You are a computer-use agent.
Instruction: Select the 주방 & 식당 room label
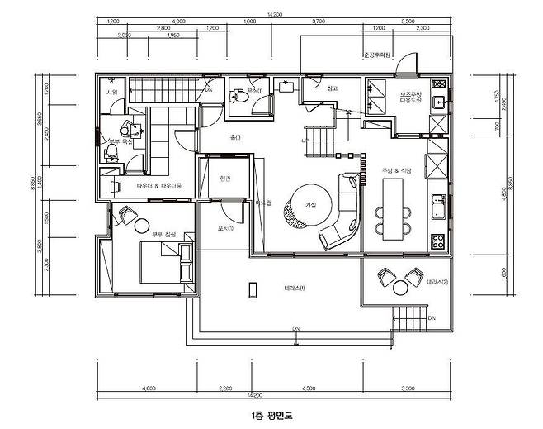[x=397, y=171]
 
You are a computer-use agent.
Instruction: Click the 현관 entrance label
[x=225, y=179]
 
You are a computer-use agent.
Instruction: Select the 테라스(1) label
[x=295, y=287]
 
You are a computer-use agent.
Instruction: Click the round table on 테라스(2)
[x=402, y=286]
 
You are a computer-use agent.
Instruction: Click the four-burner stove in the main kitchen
[x=437, y=241]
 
